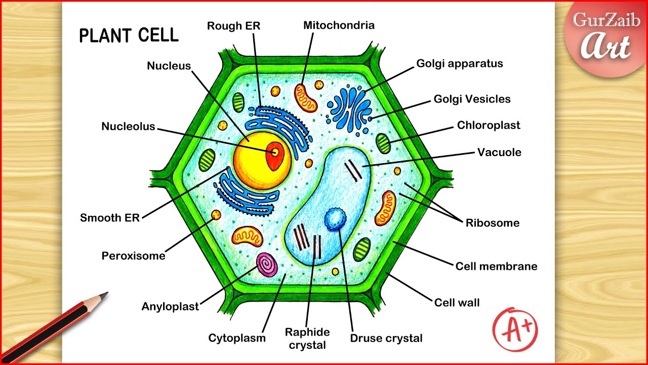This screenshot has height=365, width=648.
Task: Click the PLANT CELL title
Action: pos(129,35)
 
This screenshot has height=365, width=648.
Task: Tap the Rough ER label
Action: pos(233,26)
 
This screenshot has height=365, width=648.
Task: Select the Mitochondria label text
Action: pos(339,25)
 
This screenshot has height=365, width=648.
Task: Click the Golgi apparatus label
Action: pos(459,63)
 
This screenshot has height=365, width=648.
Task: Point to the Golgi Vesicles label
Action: pos(472,99)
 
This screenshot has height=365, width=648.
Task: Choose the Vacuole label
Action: pos(499,152)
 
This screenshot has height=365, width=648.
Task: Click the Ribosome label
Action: pos(492,223)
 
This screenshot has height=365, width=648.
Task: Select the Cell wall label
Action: pos(457,303)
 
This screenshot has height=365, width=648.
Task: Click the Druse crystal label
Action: pos(386,338)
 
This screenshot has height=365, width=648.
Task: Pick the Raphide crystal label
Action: pos(307,338)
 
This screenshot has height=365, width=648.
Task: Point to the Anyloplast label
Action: pos(170,306)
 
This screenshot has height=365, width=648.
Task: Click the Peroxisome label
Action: pos(133,255)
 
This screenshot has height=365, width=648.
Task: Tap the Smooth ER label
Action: pos(109,218)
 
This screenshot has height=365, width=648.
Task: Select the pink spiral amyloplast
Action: pos(267,264)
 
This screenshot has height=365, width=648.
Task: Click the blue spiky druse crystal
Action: pos(334,220)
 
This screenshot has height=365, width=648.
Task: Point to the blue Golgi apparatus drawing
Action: pos(350,108)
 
